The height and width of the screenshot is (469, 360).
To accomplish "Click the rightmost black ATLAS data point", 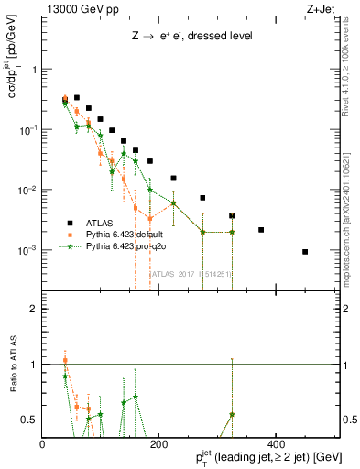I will (305, 252).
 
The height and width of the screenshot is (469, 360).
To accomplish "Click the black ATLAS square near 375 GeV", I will (261, 230).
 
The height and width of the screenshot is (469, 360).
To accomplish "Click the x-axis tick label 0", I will (43, 444).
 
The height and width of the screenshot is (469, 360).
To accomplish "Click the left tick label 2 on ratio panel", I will (34, 309).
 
